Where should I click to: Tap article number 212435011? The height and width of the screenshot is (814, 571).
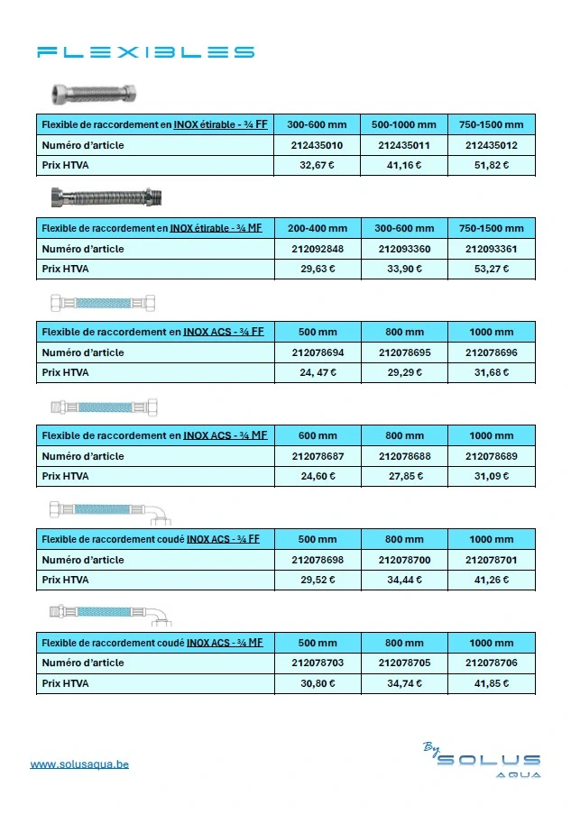click(x=404, y=145)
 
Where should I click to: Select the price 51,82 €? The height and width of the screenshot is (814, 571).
click(x=492, y=165)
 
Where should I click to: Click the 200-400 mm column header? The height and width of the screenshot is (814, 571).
click(x=317, y=228)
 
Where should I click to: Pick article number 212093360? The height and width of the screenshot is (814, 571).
click(x=404, y=249)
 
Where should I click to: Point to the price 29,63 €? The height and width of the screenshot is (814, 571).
click(x=317, y=269)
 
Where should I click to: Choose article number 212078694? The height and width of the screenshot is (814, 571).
click(x=318, y=352)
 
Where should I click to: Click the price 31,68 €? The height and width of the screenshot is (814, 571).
click(x=492, y=372)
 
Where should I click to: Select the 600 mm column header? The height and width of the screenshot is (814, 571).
click(x=318, y=435)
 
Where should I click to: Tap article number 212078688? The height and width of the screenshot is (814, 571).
click(x=404, y=456)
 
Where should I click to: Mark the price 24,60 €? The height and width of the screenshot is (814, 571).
click(x=318, y=476)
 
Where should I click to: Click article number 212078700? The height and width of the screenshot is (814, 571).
click(x=404, y=560)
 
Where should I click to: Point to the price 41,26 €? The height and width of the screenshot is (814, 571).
click(x=492, y=580)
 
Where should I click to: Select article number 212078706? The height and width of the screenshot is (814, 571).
click(x=492, y=663)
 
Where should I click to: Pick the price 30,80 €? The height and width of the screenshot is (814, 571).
click(x=318, y=683)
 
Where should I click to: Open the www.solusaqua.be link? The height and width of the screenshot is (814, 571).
click(x=79, y=764)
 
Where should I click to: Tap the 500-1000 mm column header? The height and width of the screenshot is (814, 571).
click(x=404, y=124)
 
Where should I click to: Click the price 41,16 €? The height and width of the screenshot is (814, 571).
click(x=404, y=165)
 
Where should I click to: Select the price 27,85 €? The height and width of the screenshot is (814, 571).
click(x=404, y=476)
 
